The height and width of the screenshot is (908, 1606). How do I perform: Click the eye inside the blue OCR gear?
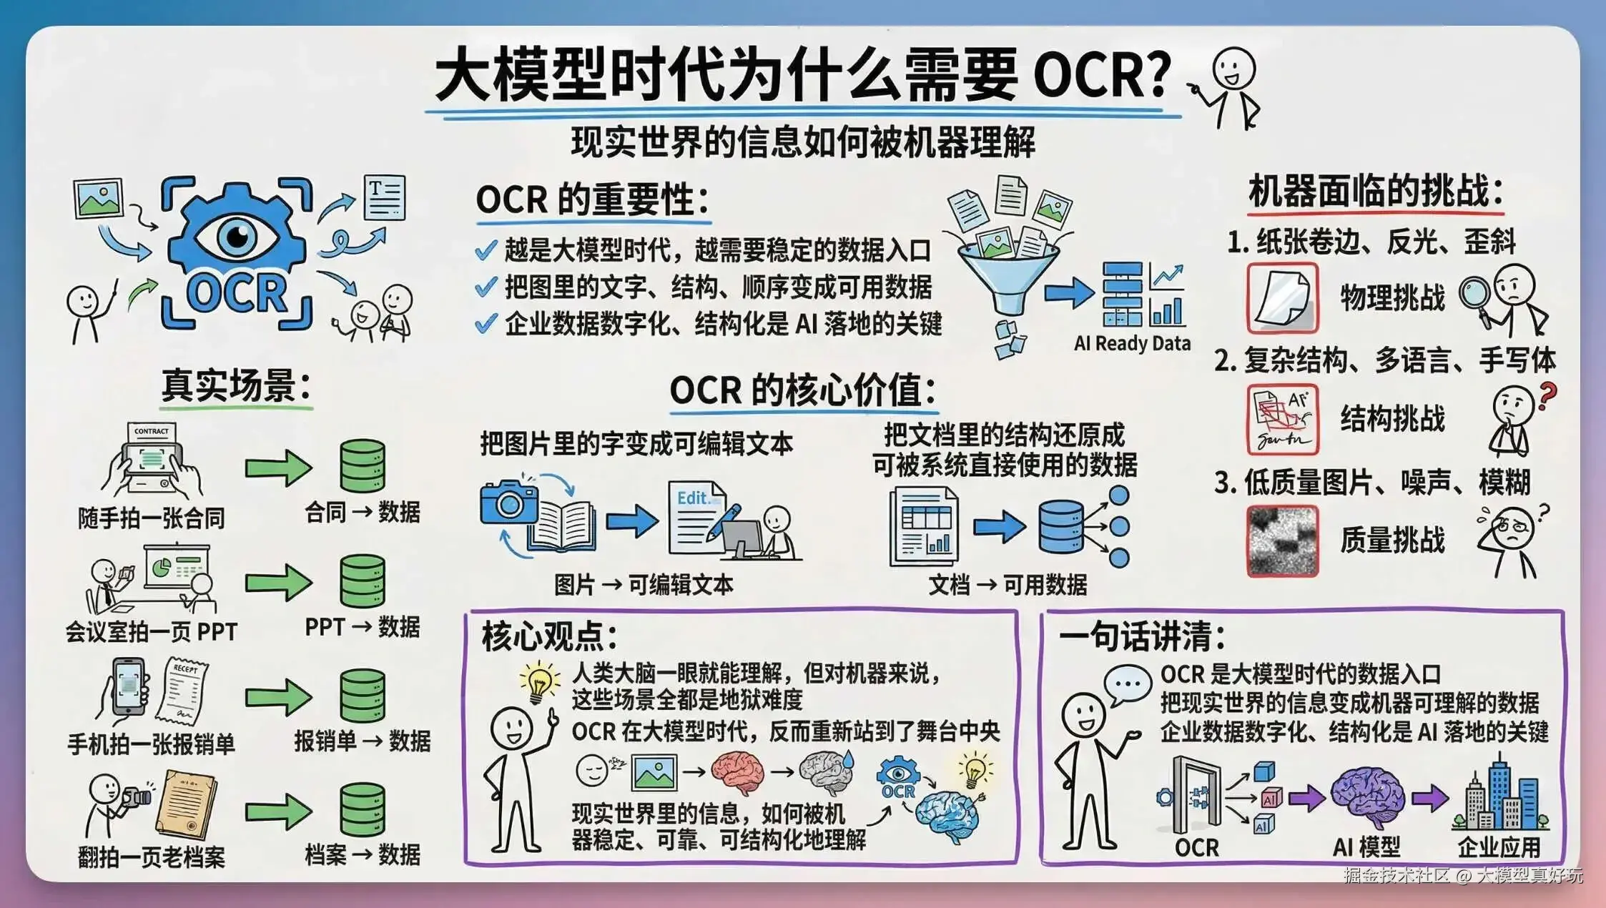coord(237,235)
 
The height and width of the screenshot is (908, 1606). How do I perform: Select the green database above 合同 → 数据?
coord(363,465)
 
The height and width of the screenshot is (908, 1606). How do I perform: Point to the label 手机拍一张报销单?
coord(151,744)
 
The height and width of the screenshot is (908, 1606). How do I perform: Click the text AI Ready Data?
coord(1132,344)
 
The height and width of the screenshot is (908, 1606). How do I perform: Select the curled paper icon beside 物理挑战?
coord(1282,297)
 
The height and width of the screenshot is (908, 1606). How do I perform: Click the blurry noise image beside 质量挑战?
coord(1282,541)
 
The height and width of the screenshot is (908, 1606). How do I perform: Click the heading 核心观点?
coord(549,636)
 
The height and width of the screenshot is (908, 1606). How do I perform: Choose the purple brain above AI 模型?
coord(1366,797)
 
